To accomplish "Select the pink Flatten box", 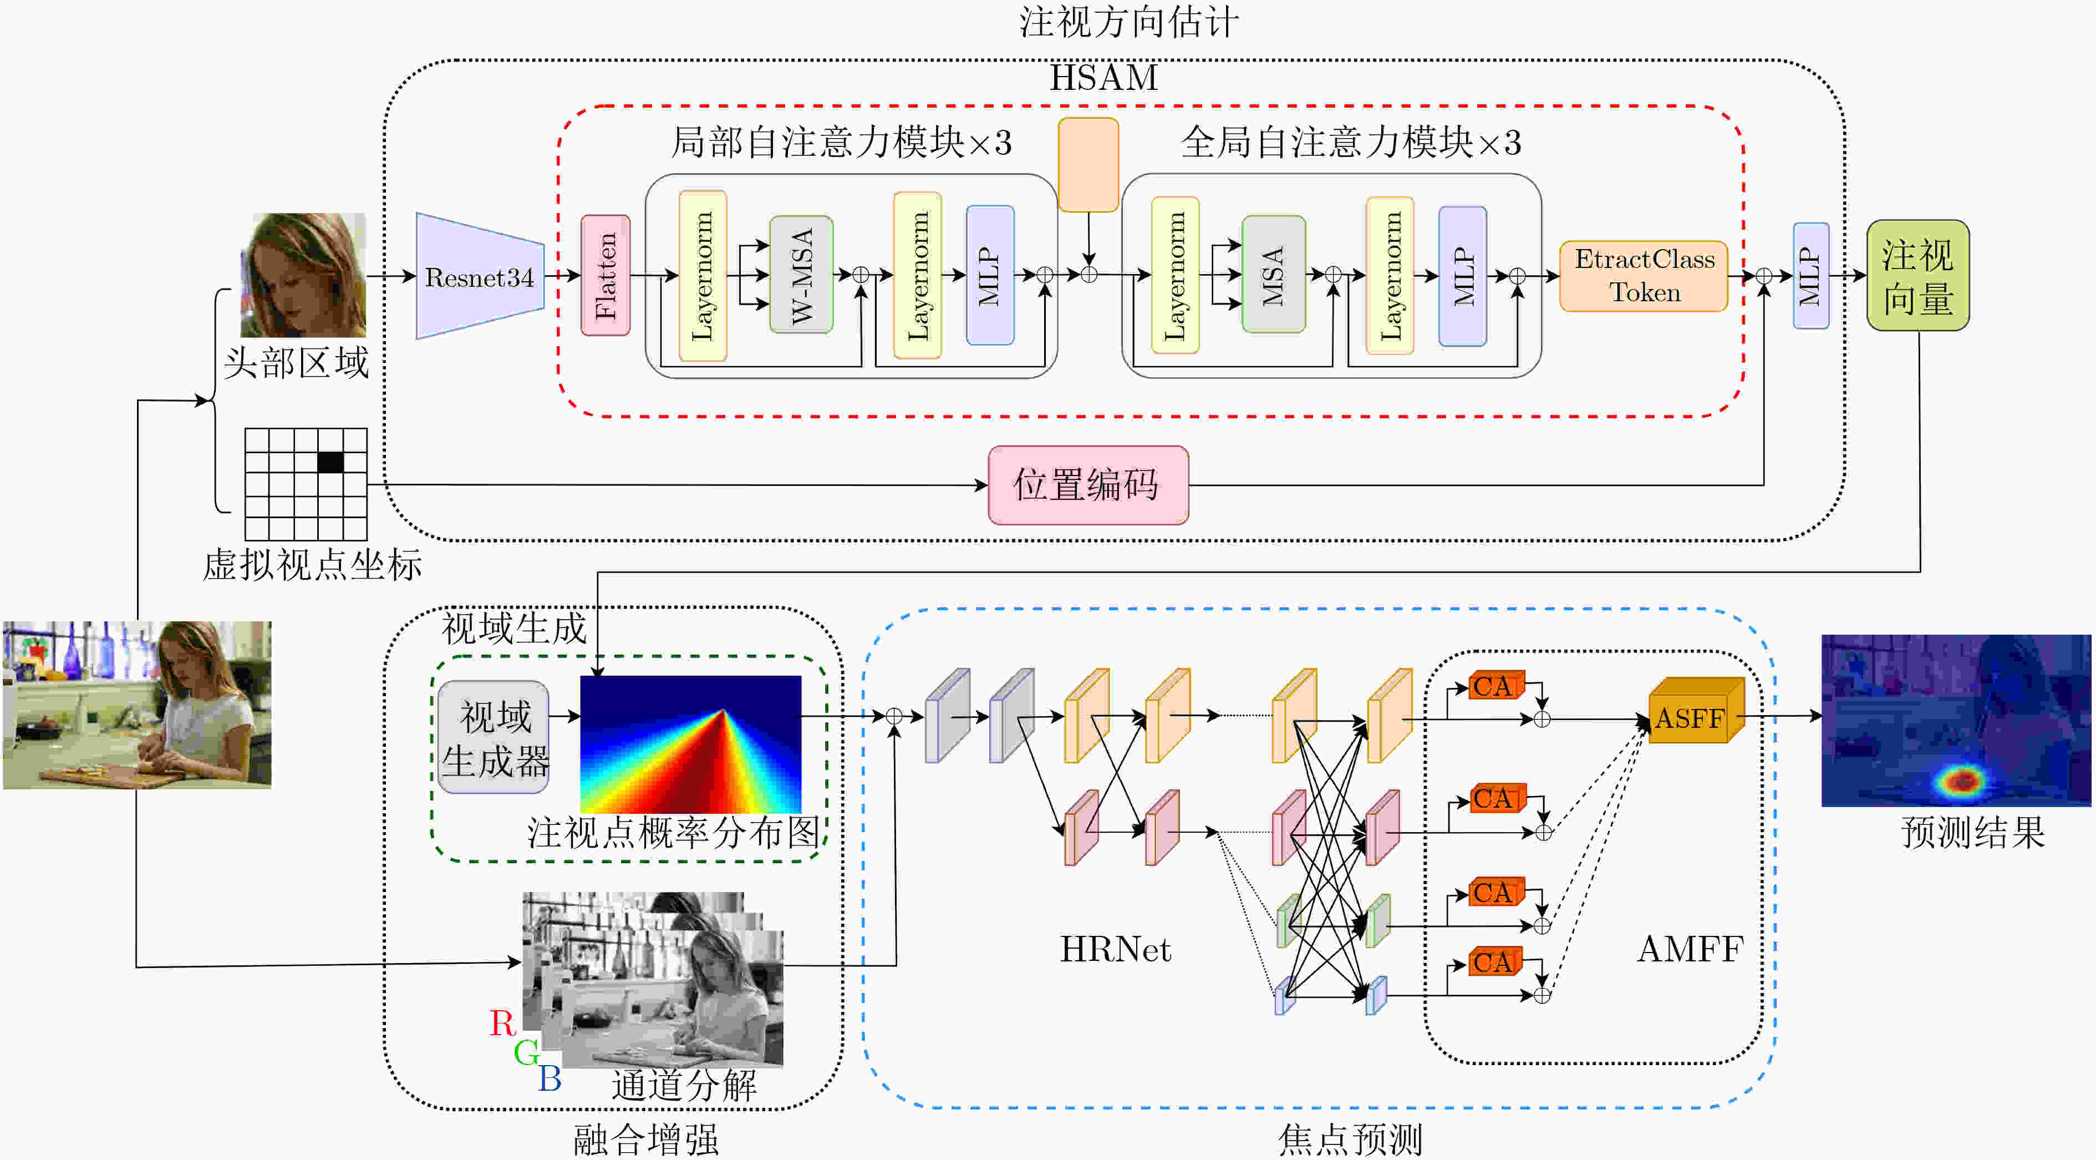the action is (606, 275).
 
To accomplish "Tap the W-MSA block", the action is (801, 275).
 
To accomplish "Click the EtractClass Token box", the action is (1645, 276).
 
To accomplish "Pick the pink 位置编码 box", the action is (1088, 485).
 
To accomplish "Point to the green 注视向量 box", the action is (1918, 275).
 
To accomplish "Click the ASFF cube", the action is (1697, 710).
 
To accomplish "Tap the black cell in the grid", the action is (330, 462).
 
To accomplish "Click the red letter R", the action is (502, 1023).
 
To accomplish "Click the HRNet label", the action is (1116, 949).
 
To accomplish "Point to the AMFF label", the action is (1690, 949).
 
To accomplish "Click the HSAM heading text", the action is (1103, 77).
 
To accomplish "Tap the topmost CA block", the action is (1495, 686).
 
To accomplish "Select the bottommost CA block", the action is (1495, 961).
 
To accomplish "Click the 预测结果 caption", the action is (1972, 832).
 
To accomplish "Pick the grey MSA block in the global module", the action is (1273, 275).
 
